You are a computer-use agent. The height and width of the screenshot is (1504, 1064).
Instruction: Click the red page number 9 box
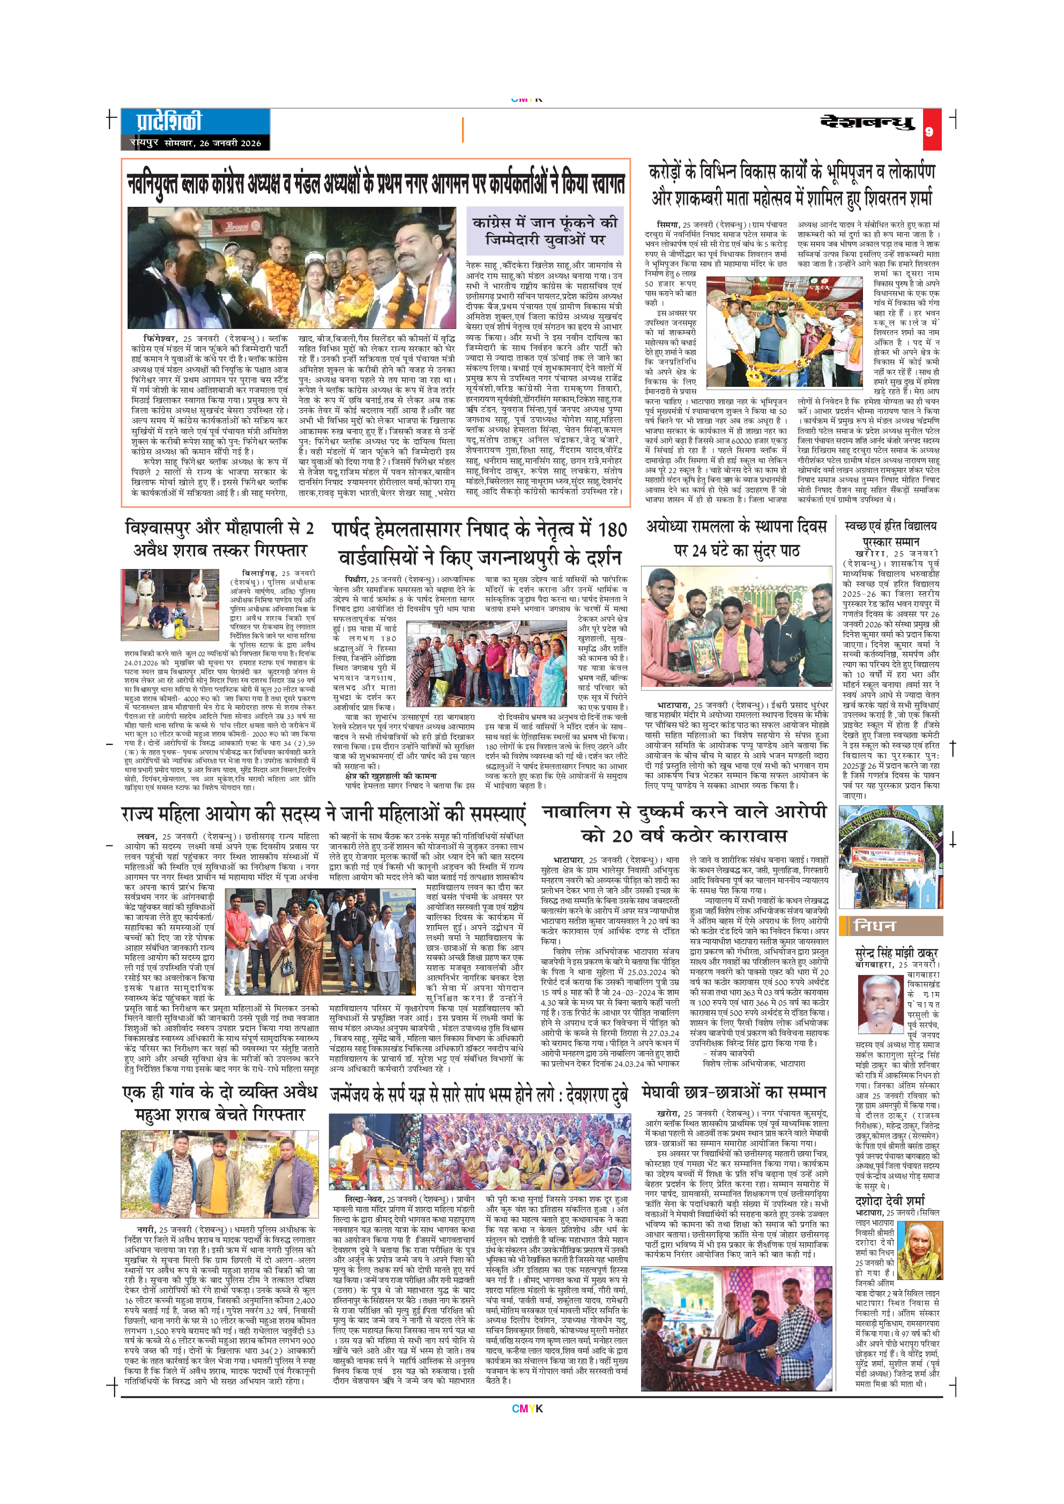[x=928, y=131]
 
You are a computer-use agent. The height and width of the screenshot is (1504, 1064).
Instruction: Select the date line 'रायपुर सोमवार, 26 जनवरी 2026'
[x=195, y=143]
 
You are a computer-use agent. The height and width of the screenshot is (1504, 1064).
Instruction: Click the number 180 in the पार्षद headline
[x=612, y=529]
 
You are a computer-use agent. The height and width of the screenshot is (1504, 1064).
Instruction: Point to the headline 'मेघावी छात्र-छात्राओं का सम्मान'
[x=734, y=1092]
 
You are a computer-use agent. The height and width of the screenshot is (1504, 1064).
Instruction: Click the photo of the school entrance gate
[x=890, y=857]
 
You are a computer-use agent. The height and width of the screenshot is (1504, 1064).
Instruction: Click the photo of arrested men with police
[x=170, y=604]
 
